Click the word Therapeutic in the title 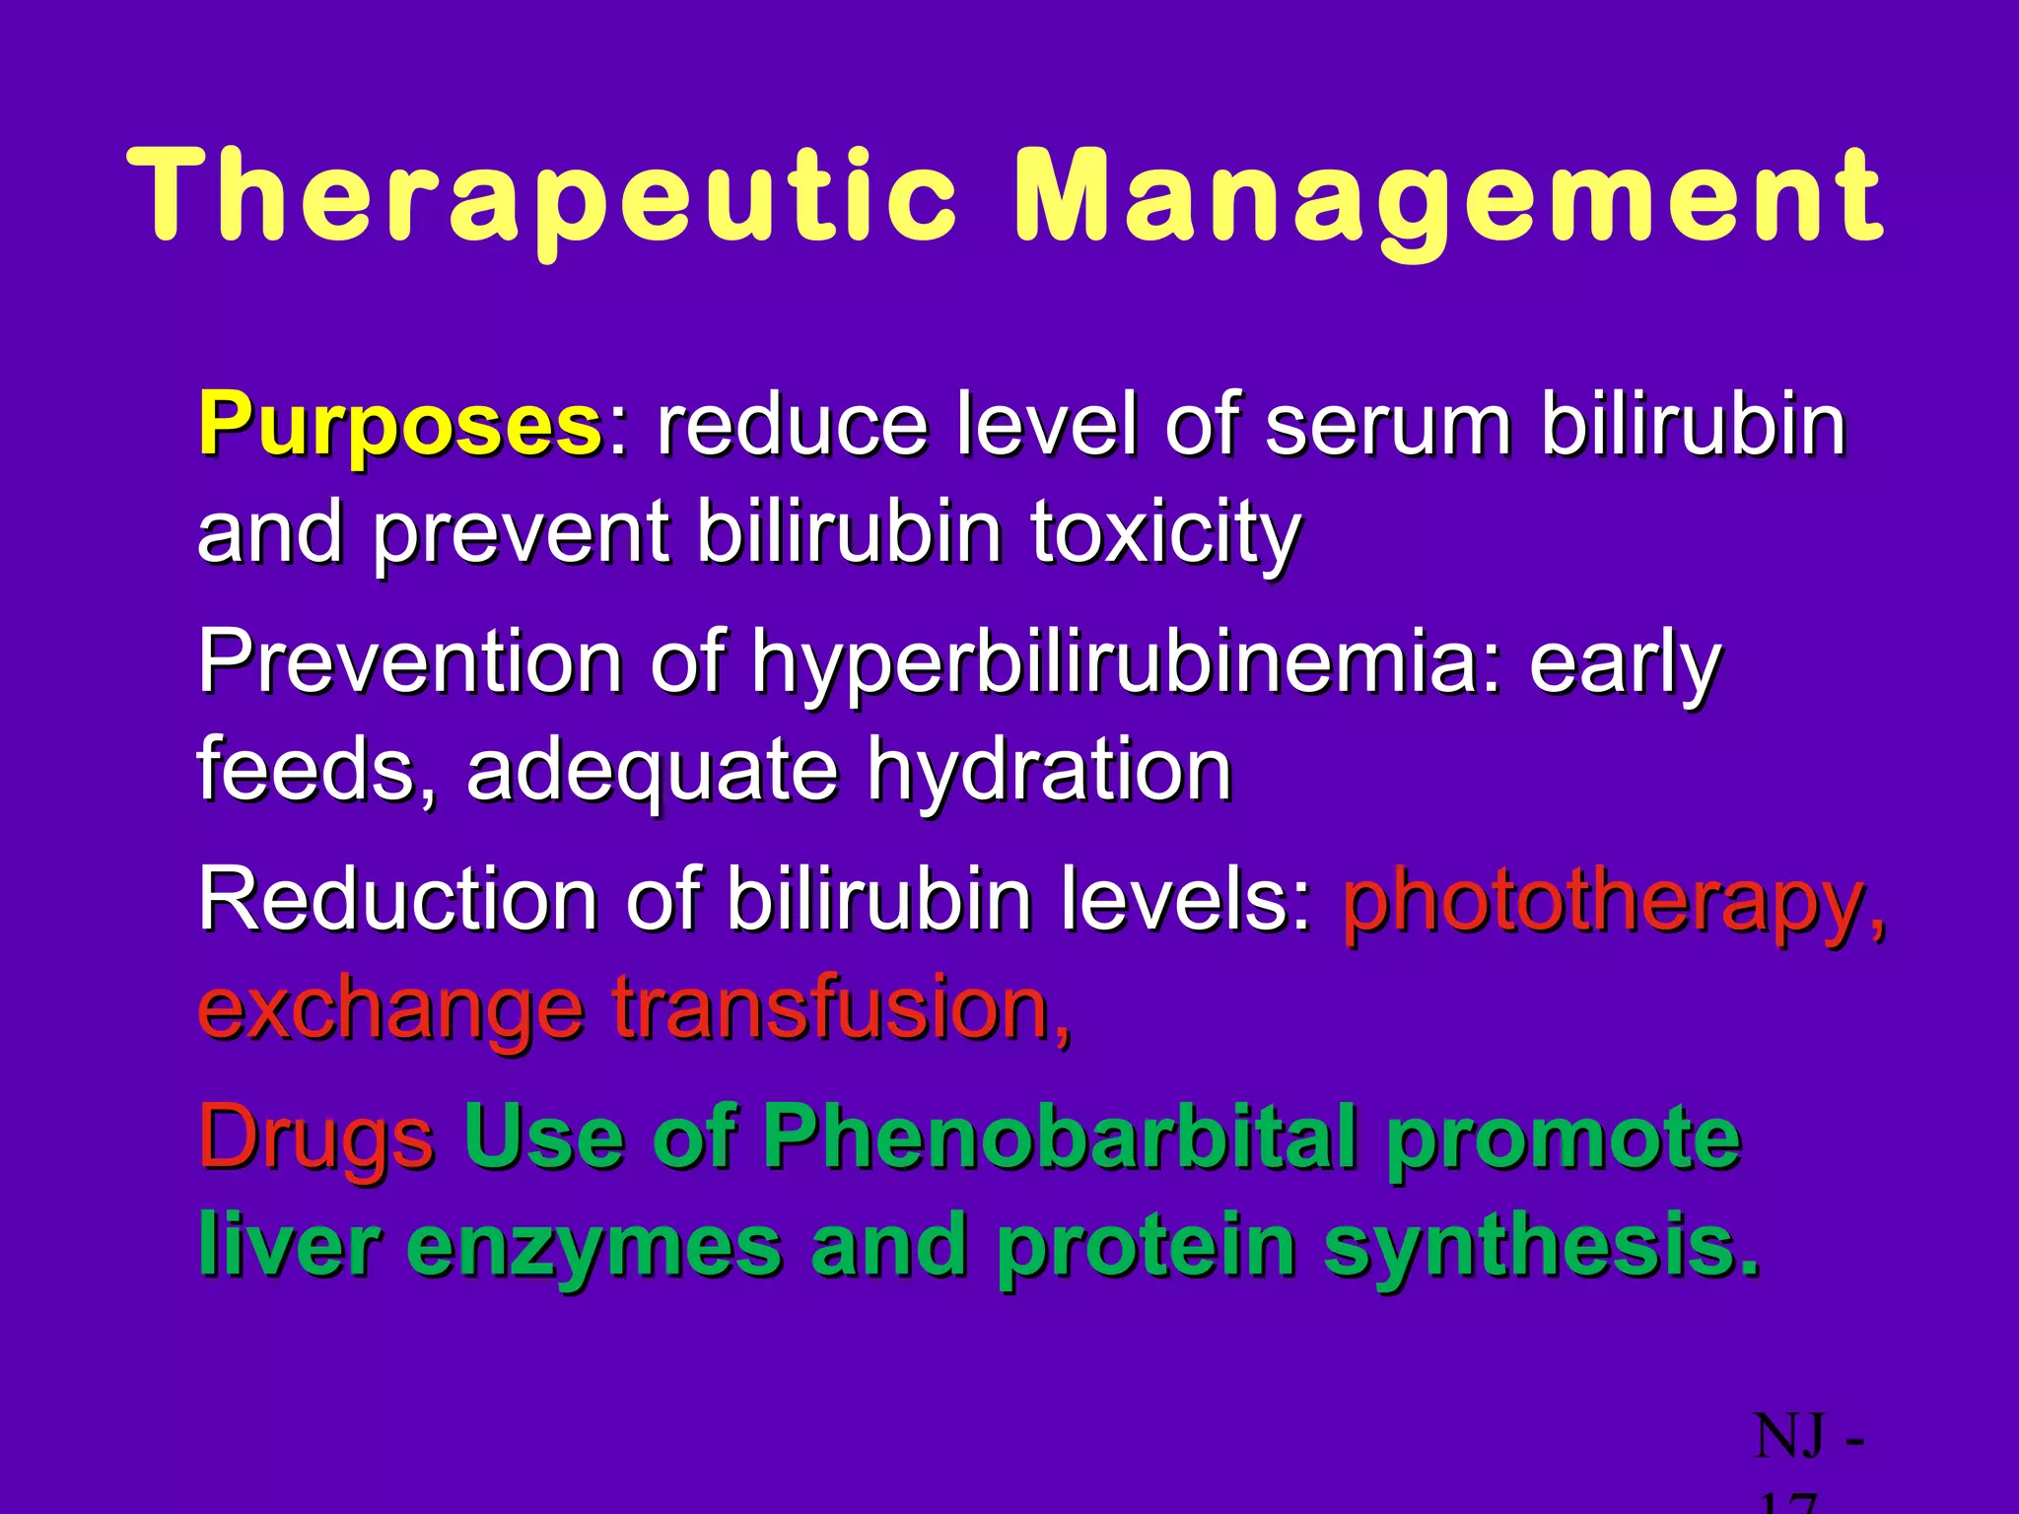[x=542, y=197]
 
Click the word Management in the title [x=1449, y=197]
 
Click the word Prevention [x=409, y=662]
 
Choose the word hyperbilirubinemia [x=1114, y=662]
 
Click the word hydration [x=1050, y=771]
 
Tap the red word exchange [x=390, y=1011]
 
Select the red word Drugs [x=315, y=1139]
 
